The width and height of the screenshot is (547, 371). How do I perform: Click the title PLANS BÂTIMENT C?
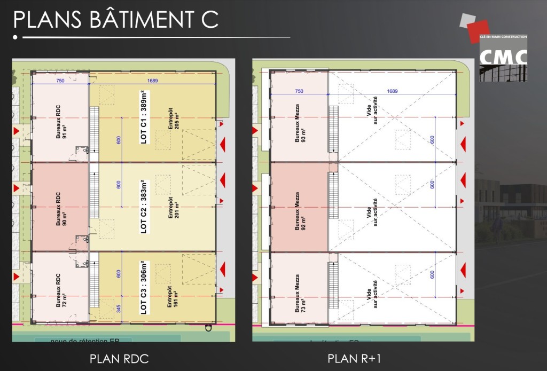pos(115,19)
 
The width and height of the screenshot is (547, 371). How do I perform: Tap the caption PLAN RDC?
pos(119,358)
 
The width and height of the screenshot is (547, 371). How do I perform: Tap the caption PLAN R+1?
pos(355,358)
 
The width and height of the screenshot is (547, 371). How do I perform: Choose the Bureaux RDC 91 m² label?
pos(61,127)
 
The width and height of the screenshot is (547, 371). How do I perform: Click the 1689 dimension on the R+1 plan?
pos(393,91)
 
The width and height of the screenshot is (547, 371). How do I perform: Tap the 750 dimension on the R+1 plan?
pos(299,91)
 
